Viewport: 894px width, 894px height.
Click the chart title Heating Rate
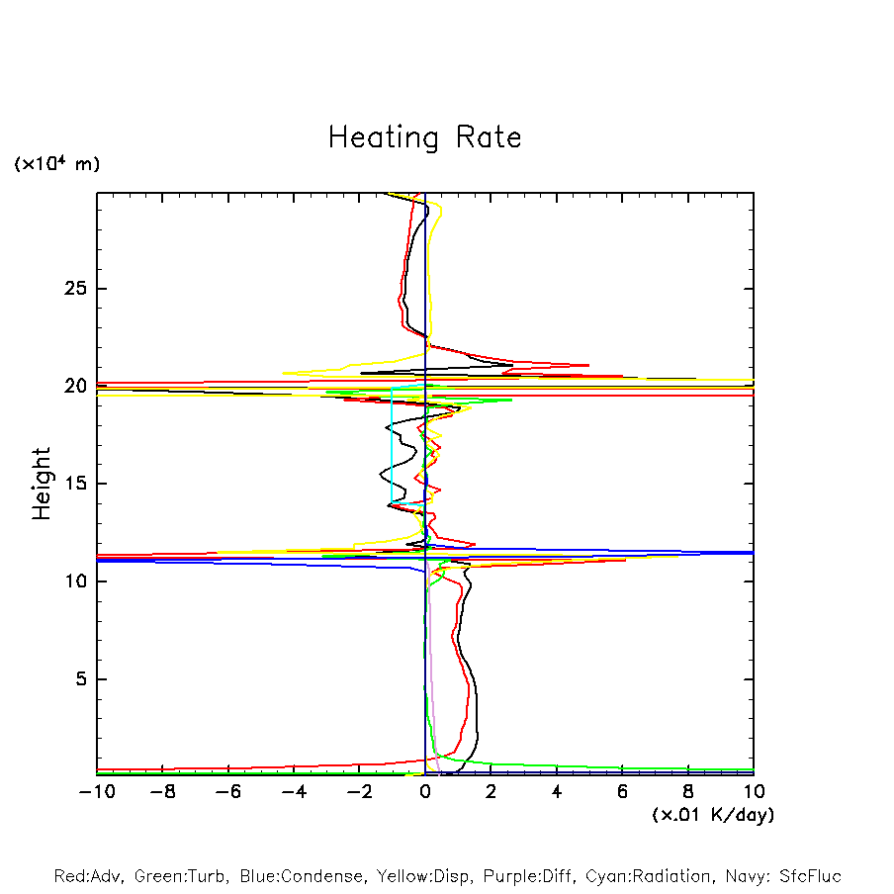point(424,137)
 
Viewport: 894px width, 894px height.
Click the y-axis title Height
point(42,484)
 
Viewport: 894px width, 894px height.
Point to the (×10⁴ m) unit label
point(57,164)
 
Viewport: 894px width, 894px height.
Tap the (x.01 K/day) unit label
point(712,815)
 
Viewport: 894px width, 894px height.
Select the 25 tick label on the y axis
point(75,289)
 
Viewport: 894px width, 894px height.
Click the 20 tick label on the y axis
point(75,386)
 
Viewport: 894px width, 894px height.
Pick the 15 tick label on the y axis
point(75,484)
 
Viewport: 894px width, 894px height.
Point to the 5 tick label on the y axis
point(81,679)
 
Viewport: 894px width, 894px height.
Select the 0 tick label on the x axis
point(425,792)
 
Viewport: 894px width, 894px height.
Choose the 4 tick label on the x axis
point(557,792)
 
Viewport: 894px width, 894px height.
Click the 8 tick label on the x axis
point(688,792)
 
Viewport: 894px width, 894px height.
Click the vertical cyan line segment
point(392,445)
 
